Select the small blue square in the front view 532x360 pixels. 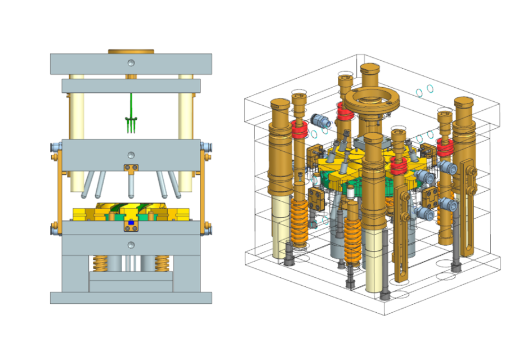tap(131, 223)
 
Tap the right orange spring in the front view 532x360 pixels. tap(162, 262)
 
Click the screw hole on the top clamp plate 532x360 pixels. tap(131, 62)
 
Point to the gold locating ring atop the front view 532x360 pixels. tap(131, 51)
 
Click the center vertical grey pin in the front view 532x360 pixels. tap(131, 186)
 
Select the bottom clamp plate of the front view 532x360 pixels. tap(131, 298)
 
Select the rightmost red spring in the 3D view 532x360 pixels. tap(445, 147)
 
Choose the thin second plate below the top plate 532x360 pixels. tap(131, 86)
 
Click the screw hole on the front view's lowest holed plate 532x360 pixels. tap(131, 245)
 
